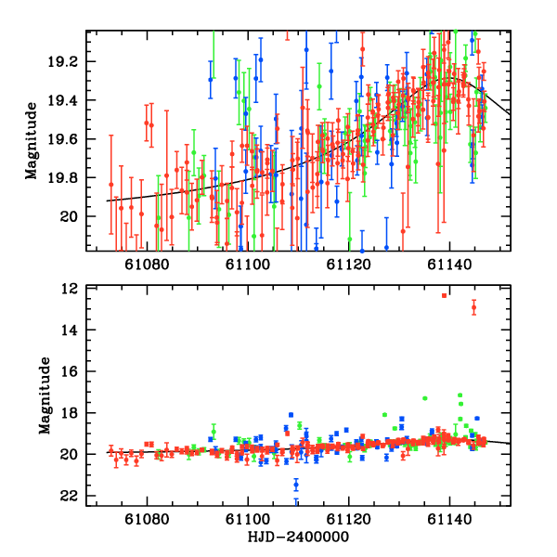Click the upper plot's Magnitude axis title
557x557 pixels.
pyautogui.click(x=32, y=139)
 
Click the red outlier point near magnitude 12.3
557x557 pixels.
pyautogui.click(x=445, y=295)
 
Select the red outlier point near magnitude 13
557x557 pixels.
pyautogui.click(x=473, y=307)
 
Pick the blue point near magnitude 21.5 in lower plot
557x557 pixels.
pyautogui.click(x=296, y=485)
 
